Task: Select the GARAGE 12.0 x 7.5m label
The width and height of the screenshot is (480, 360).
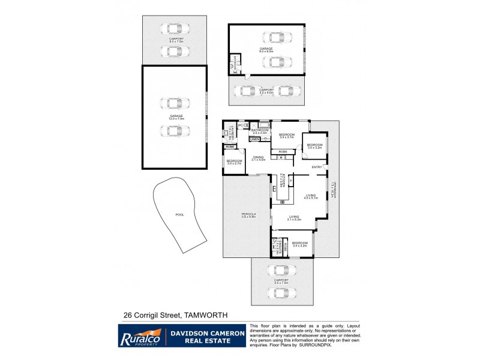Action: click(176, 117)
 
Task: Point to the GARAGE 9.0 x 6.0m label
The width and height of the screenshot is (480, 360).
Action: click(266, 50)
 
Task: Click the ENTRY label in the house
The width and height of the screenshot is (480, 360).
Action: click(317, 166)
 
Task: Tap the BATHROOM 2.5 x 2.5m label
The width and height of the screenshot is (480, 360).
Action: click(260, 131)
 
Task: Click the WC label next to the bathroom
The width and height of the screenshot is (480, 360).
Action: click(239, 125)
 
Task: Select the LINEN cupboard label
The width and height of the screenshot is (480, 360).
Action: click(254, 139)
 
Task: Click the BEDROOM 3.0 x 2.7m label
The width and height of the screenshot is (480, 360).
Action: click(234, 162)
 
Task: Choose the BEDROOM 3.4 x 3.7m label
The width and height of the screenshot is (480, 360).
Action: click(287, 136)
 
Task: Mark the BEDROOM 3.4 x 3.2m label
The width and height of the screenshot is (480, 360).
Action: click(299, 244)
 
